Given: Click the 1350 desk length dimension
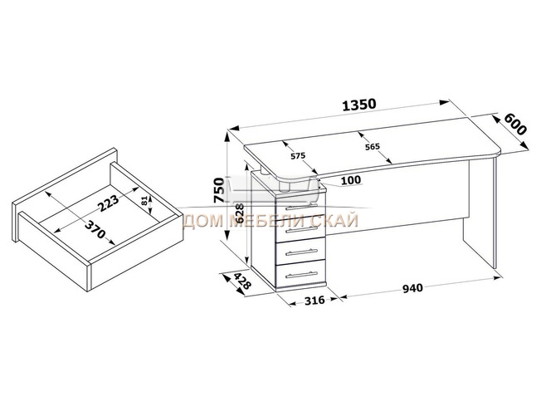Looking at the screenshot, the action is coord(358,105).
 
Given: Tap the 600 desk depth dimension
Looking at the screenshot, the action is coord(515,125).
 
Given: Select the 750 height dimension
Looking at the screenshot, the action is coord(219,190).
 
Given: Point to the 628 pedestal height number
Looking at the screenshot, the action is coord(240,213).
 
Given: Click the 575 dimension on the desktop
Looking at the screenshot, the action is coord(298,156).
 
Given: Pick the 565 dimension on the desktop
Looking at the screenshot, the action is coord(373,147).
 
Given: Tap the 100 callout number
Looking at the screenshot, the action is coord(351,180).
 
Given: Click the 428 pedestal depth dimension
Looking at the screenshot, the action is coord(242,281).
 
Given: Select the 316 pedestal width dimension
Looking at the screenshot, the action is coord(314,301).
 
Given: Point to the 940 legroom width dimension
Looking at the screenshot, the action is coord(412,287).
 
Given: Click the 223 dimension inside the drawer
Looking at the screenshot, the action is coord(108,203).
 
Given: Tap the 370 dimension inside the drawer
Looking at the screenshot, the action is coord(95,230).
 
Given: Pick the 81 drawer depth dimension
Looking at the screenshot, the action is coord(144,201).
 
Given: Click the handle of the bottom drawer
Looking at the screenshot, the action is coord(301,275).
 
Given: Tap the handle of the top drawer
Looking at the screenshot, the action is coord(301,207).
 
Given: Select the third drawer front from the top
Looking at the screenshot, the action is coord(301,251).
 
